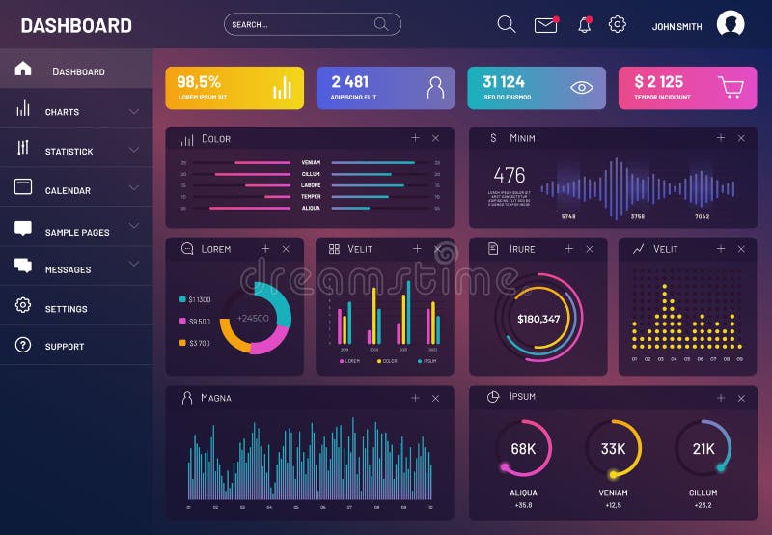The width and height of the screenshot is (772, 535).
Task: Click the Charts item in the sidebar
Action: tap(62, 112)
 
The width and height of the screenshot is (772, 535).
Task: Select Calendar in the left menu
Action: tap(68, 190)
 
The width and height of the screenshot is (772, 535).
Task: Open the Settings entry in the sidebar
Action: tap(66, 309)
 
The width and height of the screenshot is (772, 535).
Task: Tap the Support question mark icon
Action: tap(23, 345)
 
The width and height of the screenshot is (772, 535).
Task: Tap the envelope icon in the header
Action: tap(546, 25)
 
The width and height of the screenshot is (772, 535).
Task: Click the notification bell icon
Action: tap(584, 25)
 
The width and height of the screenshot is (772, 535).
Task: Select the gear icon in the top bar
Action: tap(618, 25)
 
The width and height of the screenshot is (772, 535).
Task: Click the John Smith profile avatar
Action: tap(731, 24)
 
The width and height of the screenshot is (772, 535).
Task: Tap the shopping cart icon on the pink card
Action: tap(731, 87)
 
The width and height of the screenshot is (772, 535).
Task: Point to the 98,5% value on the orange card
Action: tap(199, 82)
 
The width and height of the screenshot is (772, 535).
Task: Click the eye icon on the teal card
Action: tap(581, 87)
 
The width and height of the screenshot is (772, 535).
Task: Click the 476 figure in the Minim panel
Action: tap(510, 175)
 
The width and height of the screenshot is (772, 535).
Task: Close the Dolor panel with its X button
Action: tap(436, 139)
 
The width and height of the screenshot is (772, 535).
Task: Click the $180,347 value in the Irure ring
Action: tap(538, 319)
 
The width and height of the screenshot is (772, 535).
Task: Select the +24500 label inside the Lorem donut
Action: tap(254, 318)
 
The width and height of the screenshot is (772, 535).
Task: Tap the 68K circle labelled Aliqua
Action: tap(523, 449)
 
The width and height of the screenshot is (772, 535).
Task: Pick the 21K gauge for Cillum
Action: tap(703, 449)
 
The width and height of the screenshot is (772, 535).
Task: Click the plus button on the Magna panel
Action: tap(415, 398)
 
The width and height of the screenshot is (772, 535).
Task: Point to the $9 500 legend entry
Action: tap(199, 322)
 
